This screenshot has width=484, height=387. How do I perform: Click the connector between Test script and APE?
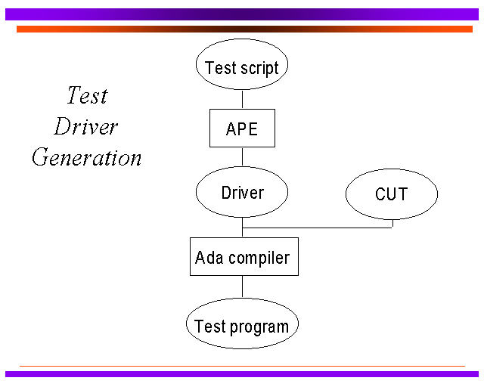click(242, 99)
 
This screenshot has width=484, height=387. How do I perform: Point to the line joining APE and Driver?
click(242, 156)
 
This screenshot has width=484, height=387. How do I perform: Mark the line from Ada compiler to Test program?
click(242, 287)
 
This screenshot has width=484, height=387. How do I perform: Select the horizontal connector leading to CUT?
click(318, 228)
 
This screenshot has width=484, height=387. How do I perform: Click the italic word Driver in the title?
click(85, 126)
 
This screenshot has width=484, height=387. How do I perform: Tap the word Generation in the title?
click(87, 157)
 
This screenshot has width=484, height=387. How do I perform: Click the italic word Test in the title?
click(88, 95)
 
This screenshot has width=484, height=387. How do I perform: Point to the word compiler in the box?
click(259, 259)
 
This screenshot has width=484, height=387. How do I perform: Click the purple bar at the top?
click(242, 14)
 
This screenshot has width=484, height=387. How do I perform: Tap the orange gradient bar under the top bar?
click(244, 29)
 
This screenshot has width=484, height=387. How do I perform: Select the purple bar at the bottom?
click(242, 374)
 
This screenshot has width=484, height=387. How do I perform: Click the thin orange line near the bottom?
click(242, 367)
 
